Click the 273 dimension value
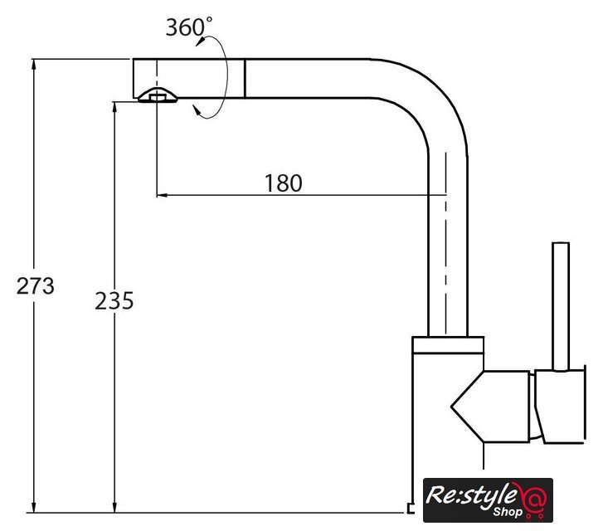click(36, 286)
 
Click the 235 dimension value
click(114, 300)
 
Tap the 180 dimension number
click(284, 183)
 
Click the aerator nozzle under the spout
click(158, 95)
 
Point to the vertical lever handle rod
click(561, 307)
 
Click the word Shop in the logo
click(508, 511)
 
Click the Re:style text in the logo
click(471, 496)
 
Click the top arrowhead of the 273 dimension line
click(34, 64)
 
